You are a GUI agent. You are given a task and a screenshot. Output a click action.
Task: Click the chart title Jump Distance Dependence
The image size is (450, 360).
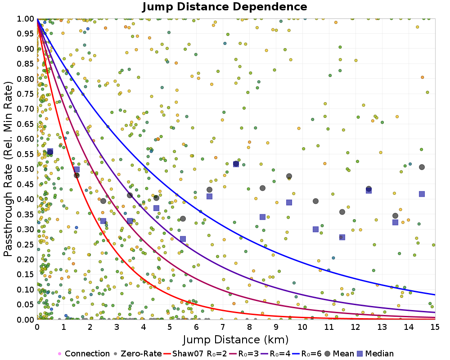(x=225, y=7)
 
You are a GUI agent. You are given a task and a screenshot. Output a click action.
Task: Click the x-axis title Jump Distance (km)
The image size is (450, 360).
(x=236, y=339)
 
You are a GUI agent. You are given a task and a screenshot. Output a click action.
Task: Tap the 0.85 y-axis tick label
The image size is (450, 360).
(x=26, y=63)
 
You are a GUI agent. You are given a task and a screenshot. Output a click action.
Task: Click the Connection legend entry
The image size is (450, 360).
(x=84, y=354)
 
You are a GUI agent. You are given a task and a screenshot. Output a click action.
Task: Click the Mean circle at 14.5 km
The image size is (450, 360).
(x=422, y=167)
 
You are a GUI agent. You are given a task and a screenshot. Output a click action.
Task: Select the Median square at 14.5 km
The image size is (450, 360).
(x=422, y=194)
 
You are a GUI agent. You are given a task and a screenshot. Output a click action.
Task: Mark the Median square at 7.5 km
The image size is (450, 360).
(x=236, y=164)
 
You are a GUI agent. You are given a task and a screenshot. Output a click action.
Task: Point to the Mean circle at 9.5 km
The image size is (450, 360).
(x=289, y=176)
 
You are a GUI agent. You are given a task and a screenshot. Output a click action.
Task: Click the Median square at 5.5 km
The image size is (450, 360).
(x=183, y=239)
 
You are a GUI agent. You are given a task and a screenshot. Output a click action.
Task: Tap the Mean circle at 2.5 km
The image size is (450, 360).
(x=103, y=201)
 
